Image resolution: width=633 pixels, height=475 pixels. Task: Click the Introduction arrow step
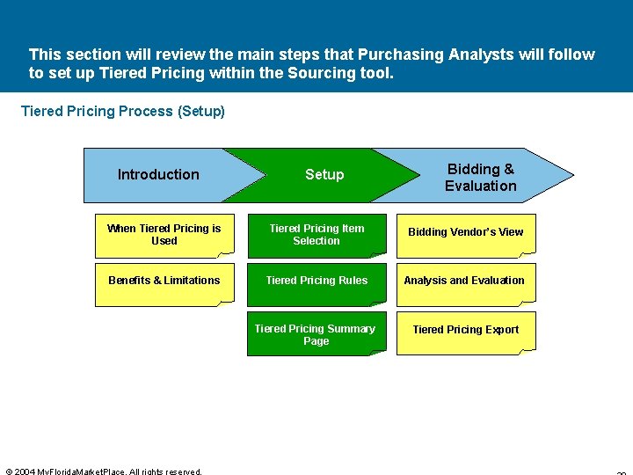(x=158, y=175)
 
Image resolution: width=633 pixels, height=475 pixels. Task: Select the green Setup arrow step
(x=324, y=175)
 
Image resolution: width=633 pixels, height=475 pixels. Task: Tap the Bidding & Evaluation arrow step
(x=481, y=177)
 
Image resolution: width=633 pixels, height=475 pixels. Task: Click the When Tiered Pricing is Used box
(x=164, y=235)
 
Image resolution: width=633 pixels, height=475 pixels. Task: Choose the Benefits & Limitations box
(x=164, y=281)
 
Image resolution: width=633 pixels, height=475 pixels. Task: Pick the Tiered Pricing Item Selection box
(x=316, y=235)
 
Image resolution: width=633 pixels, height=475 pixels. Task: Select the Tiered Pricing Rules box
(x=316, y=281)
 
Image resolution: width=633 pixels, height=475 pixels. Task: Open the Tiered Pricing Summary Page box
(x=316, y=335)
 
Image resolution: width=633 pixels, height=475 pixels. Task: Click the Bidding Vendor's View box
(x=465, y=233)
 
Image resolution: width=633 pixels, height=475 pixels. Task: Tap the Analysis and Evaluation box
(x=464, y=281)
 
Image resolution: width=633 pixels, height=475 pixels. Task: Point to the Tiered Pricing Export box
(x=465, y=331)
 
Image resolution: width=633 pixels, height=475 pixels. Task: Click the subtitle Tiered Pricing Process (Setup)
(x=122, y=112)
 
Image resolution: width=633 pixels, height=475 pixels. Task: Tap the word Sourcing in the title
(x=318, y=74)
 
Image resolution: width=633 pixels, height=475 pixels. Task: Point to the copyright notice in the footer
(x=104, y=471)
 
